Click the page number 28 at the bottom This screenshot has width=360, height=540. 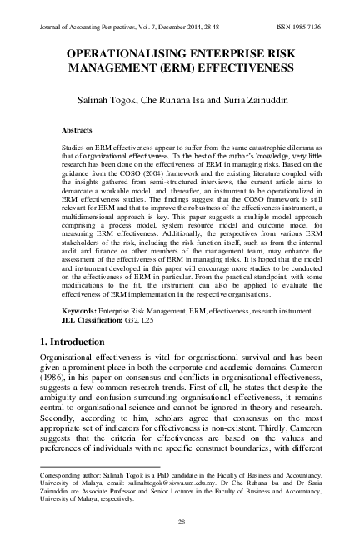180,522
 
